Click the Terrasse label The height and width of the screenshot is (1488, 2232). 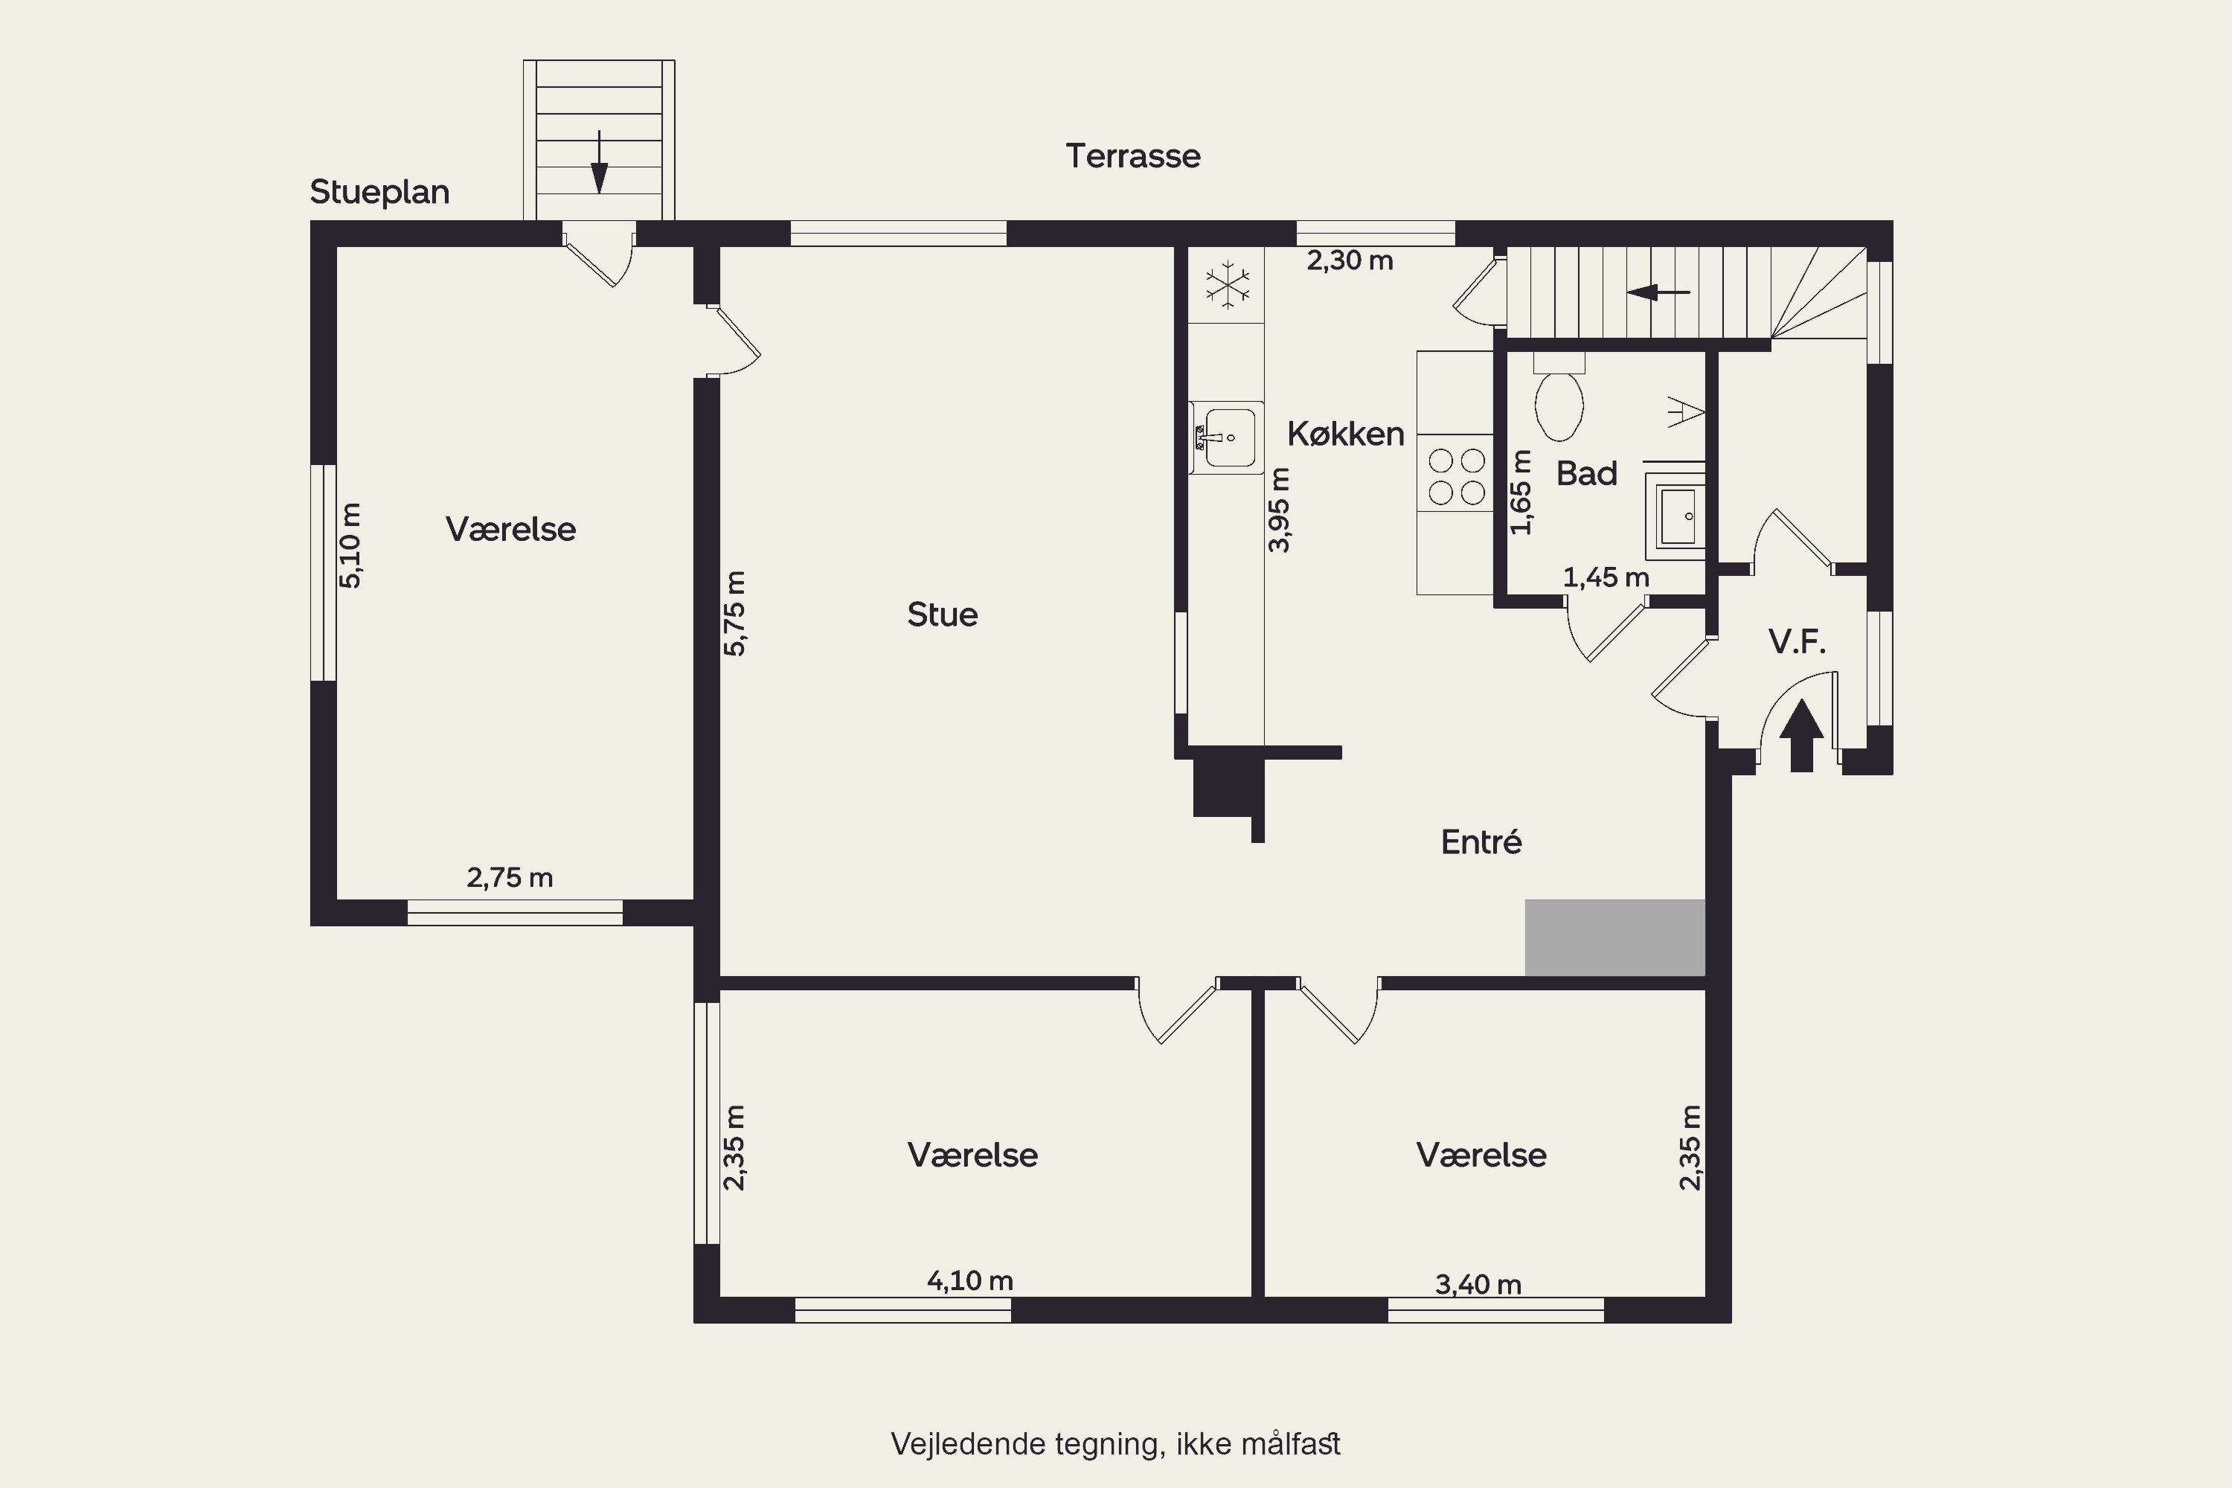pyautogui.click(x=1133, y=155)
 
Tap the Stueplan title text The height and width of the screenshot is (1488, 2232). pyautogui.click(x=379, y=193)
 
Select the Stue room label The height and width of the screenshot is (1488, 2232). pyautogui.click(x=943, y=615)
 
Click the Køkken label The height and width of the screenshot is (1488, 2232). pyautogui.click(x=1346, y=434)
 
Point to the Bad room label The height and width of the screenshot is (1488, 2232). pyautogui.click(x=1587, y=473)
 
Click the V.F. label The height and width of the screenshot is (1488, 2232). pyautogui.click(x=1798, y=643)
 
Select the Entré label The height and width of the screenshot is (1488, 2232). pyautogui.click(x=1481, y=841)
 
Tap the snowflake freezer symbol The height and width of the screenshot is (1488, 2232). pyautogui.click(x=1227, y=283)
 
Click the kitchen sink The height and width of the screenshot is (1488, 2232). pyautogui.click(x=1228, y=437)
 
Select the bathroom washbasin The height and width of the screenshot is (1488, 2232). pyautogui.click(x=1678, y=516)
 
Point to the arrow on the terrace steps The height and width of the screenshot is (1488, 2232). pyautogui.click(x=599, y=162)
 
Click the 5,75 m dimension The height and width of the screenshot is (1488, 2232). pyautogui.click(x=734, y=613)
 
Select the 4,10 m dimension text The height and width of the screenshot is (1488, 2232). pyautogui.click(x=970, y=1281)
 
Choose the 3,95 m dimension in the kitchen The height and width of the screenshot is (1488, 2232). pyautogui.click(x=1279, y=510)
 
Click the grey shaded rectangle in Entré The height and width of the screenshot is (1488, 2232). pyautogui.click(x=1615, y=937)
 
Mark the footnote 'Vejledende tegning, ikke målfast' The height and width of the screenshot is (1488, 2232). pyautogui.click(x=1115, y=1444)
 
